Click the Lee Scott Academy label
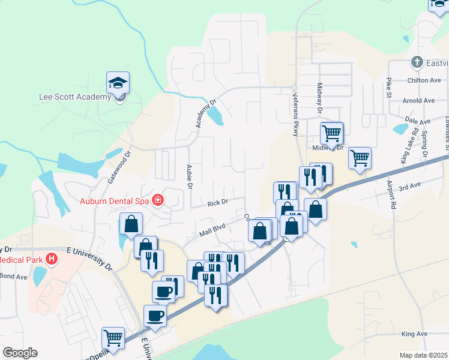(74, 96)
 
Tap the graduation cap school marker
(118, 83)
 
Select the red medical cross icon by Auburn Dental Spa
(158, 199)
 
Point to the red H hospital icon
(52, 259)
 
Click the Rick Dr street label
(217, 203)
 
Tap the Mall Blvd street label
(211, 228)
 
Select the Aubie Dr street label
(189, 176)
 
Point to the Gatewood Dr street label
(118, 167)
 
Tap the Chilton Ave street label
(423, 80)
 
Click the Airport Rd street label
(392, 194)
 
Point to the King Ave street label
(414, 334)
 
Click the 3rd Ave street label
(410, 187)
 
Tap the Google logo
(20, 353)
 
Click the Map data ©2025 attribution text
(423, 355)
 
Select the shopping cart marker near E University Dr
(113, 338)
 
